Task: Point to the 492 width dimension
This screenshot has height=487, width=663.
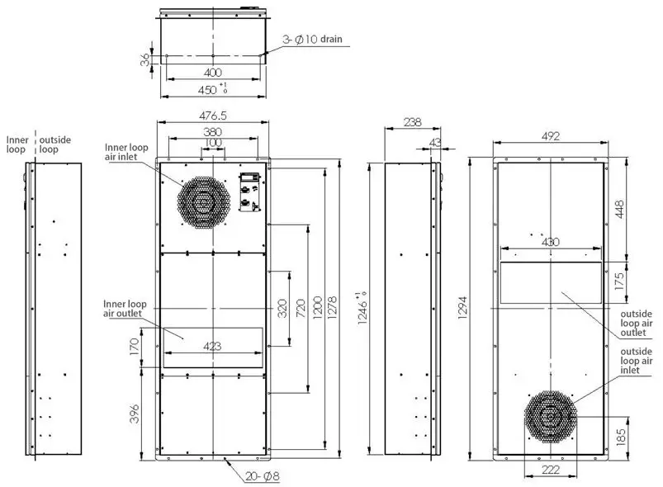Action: click(551, 136)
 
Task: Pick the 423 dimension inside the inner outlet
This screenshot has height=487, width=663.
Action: click(213, 347)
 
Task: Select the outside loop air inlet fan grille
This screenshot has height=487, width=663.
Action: click(551, 418)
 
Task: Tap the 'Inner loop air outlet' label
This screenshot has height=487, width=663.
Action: click(123, 308)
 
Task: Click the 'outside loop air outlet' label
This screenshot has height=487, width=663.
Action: click(637, 324)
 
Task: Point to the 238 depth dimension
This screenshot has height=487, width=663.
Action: click(410, 122)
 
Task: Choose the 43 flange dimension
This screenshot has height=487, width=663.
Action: click(434, 143)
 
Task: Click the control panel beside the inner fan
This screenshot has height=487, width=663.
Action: click(249, 193)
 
